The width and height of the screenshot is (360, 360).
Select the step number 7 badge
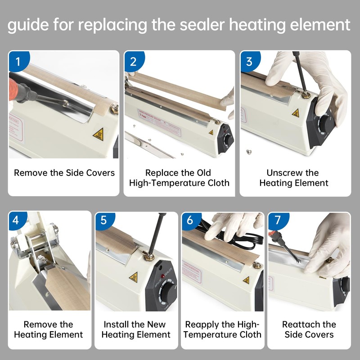[x=277, y=221]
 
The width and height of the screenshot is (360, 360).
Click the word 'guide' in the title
[x=28, y=26]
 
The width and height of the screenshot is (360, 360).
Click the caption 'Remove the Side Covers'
[x=64, y=173]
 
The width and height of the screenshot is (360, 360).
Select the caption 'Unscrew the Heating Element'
[x=293, y=178]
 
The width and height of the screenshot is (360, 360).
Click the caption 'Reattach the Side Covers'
[x=309, y=329]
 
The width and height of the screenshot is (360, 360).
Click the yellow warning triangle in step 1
[x=98, y=134]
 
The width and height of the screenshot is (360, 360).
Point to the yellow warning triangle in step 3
[x=296, y=112]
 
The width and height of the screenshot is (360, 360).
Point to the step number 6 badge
[x=190, y=221]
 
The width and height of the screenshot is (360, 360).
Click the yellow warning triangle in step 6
[x=246, y=280]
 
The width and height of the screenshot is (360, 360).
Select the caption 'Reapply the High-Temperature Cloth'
[x=222, y=329]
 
